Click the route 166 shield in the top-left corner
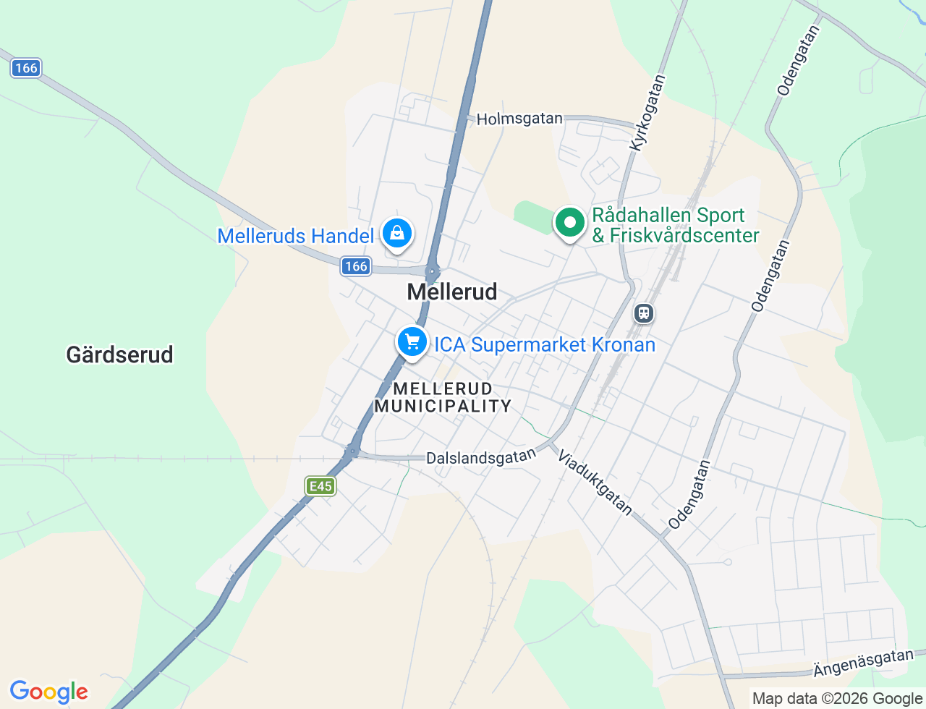pos(26,68)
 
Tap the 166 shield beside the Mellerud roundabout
pos(356,266)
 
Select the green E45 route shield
pos(320,486)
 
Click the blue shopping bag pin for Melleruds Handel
pos(396,234)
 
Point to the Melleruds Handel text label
pos(296,236)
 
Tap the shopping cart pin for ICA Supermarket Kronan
pos(412,341)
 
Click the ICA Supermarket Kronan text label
pos(545,344)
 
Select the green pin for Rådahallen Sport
pos(570,223)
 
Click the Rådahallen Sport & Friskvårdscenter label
pos(676,225)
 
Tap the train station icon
pos(643,313)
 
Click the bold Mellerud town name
pos(452,292)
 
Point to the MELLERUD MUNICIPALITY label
pos(443,397)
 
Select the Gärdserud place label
pos(120,354)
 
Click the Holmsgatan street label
pos(519,119)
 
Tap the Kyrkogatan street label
pos(647,113)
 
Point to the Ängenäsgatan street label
pos(863,663)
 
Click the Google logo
pos(48,692)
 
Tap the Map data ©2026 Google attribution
pos(837,698)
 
